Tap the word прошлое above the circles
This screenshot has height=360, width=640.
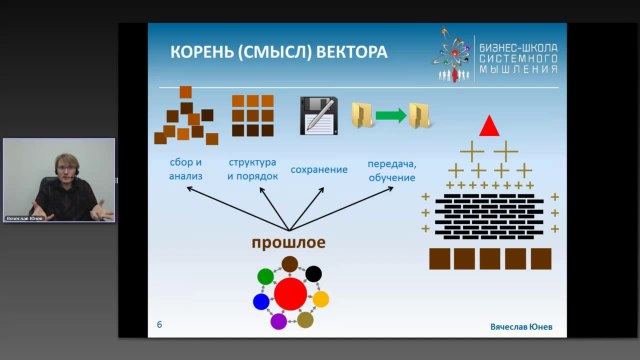(289, 243)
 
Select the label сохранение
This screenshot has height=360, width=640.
(319, 169)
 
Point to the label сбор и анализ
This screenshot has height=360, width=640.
(186, 169)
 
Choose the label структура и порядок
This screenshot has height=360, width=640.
(252, 169)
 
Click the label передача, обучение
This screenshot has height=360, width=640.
(391, 169)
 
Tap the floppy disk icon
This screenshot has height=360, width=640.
(317, 116)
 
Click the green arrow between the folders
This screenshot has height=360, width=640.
(392, 116)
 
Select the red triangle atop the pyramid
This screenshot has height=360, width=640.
(489, 127)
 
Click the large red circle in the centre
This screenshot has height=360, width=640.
(290, 294)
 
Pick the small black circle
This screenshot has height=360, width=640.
(313, 273)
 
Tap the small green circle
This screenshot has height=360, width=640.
(266, 276)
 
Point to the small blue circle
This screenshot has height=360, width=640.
(261, 301)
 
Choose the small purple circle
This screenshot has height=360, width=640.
(279, 321)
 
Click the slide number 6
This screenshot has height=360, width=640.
(160, 325)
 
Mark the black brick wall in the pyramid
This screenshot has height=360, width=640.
(490, 212)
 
